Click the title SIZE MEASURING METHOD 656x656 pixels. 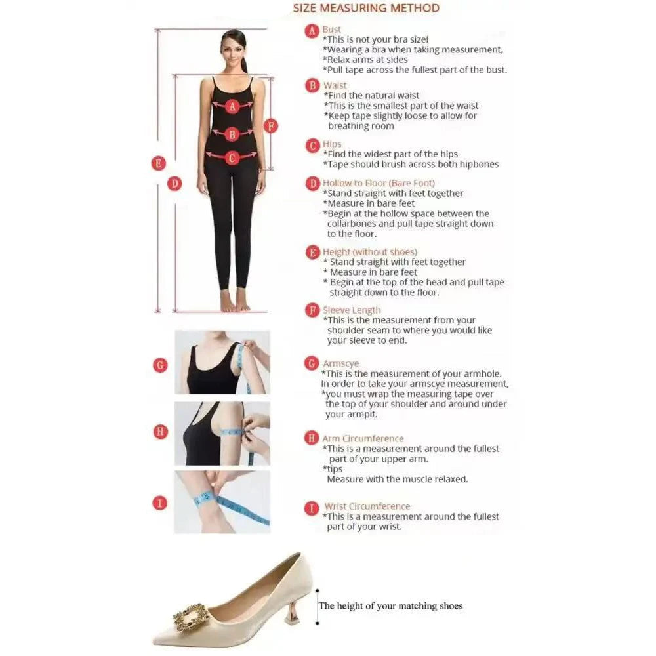(x=366, y=9)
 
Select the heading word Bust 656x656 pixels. (x=331, y=30)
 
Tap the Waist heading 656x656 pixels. (x=335, y=85)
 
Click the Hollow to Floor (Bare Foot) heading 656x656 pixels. (x=379, y=183)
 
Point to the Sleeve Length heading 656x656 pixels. (x=352, y=310)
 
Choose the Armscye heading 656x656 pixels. (x=340, y=363)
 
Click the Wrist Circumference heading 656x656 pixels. (x=367, y=506)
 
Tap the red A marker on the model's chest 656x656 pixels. (x=232, y=106)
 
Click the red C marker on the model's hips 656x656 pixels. (x=232, y=157)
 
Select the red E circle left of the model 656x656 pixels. (x=158, y=163)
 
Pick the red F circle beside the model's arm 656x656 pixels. (x=271, y=126)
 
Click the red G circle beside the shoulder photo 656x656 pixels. (x=160, y=365)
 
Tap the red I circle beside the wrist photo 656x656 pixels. (x=160, y=503)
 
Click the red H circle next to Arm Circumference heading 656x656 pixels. (x=312, y=438)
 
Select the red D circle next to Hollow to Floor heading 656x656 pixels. (x=312, y=184)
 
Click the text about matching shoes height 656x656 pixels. (x=390, y=605)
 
